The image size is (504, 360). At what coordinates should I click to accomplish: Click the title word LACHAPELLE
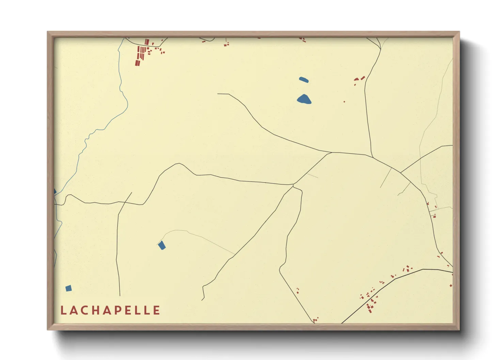point(110,310)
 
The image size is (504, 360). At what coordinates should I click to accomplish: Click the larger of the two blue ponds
point(304,99)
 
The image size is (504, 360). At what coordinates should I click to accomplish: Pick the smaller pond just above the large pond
point(304,80)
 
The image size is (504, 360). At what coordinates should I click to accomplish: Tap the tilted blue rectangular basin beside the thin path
point(162,245)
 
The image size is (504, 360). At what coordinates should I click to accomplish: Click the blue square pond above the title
point(68,289)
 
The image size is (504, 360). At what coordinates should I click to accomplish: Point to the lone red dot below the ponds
point(344,101)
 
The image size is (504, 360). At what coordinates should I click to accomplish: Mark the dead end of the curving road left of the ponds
point(218,94)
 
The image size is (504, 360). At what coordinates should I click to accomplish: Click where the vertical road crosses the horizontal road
point(125,202)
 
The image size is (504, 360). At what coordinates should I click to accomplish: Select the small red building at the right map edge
point(451,285)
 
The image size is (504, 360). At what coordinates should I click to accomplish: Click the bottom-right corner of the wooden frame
point(459,329)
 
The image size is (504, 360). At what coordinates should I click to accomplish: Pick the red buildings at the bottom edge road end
point(315,320)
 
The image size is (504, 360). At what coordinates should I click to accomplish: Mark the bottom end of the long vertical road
point(120,295)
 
